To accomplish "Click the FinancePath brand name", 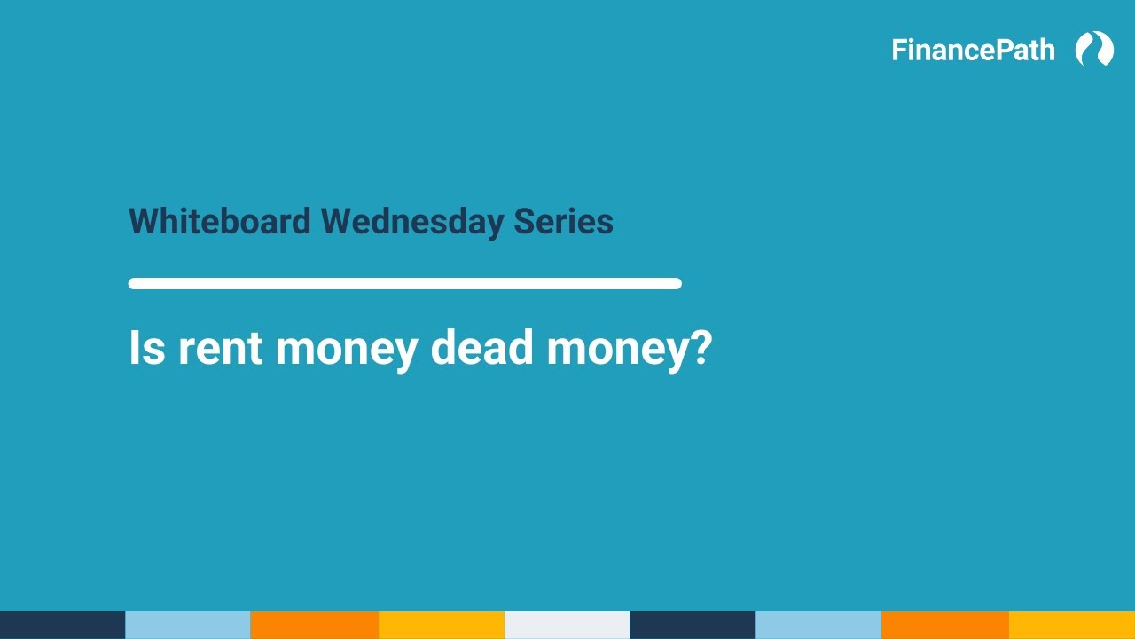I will click(973, 50).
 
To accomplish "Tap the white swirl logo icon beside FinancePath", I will click(1094, 49).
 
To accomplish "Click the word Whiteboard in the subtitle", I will click(220, 221).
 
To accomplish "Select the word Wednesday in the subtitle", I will click(412, 221).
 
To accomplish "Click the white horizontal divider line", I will click(404, 284).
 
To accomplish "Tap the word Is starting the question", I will click(147, 347).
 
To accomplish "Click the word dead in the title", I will click(481, 347).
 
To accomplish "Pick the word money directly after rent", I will click(346, 347).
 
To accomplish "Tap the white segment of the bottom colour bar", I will click(567, 625).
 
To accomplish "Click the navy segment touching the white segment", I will click(693, 625).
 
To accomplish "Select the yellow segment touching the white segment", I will click(441, 625).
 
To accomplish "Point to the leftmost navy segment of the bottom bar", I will click(62, 625).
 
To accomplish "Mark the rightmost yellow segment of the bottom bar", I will click(1071, 625).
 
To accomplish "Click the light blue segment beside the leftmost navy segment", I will click(188, 625).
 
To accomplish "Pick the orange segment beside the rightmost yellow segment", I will click(944, 625).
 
